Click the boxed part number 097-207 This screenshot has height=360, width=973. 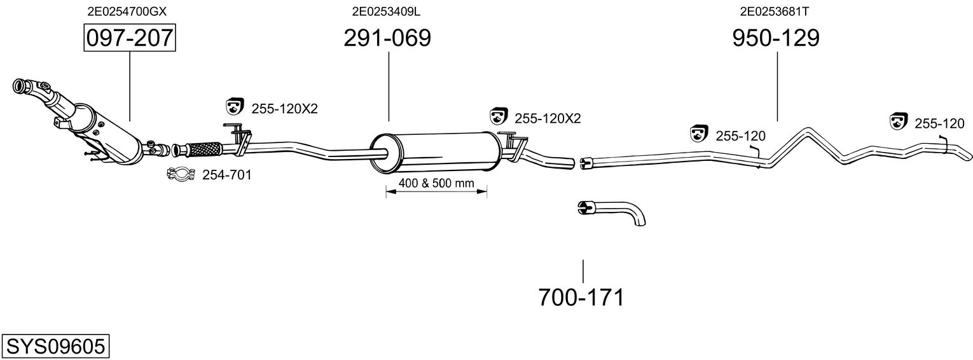coord(130,38)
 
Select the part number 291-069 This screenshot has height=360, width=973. coord(387,38)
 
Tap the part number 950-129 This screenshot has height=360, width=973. coord(776,38)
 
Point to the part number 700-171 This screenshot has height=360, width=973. coord(581,297)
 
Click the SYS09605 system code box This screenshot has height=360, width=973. coord(55,347)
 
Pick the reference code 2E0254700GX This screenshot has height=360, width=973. coord(127,11)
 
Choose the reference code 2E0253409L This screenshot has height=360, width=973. coord(386,11)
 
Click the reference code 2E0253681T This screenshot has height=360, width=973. coord(774,11)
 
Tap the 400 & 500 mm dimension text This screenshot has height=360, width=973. coord(436,183)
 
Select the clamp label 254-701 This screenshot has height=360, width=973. coord(226,174)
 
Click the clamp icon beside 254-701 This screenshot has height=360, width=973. coord(181,174)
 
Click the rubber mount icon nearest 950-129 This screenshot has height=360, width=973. coord(700,134)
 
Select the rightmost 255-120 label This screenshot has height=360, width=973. coord(940,123)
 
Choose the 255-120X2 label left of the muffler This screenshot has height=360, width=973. coord(284,109)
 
